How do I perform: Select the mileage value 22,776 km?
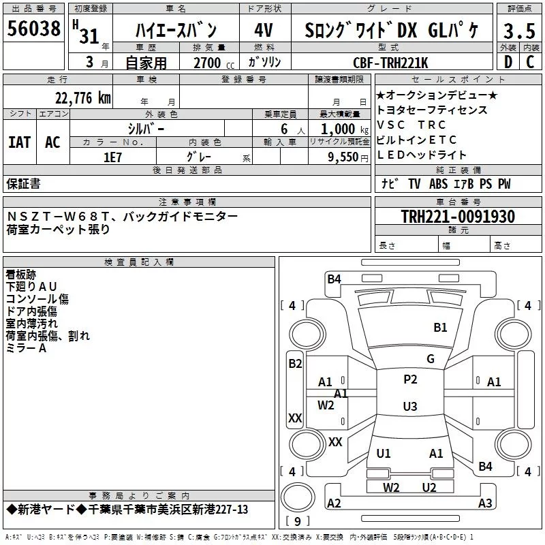82,98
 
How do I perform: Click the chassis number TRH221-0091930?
458,217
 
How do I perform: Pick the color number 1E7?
112,156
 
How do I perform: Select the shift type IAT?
19,142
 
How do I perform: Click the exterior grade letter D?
508,63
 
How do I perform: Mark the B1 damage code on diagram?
440,328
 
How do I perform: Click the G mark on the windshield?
431,359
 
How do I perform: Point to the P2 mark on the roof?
410,379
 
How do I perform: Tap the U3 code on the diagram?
409,407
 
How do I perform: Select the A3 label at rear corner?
485,503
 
